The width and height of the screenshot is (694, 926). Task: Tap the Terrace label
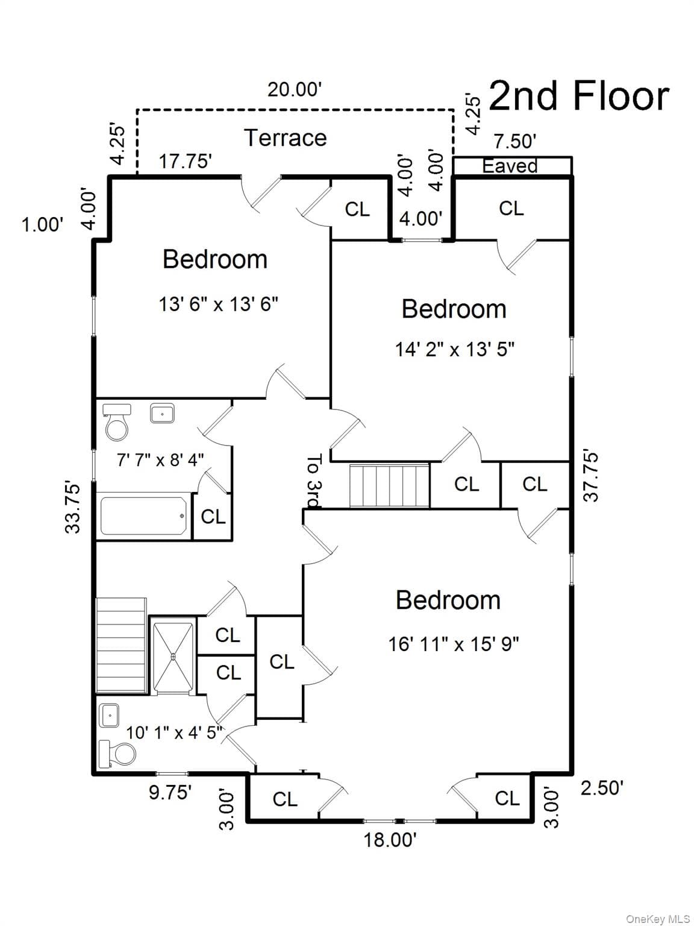[x=286, y=138]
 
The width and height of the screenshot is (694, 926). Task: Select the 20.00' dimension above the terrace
[x=295, y=89]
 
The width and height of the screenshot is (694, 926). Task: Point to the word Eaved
[x=510, y=166]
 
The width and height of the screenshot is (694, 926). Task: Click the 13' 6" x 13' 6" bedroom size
[x=219, y=304]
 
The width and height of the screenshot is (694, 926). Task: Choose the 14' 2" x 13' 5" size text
[x=455, y=349]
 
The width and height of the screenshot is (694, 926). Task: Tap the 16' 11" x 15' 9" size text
[x=454, y=644]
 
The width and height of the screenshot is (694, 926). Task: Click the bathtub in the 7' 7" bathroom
[x=143, y=515]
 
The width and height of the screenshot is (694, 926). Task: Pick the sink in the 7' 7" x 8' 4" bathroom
[x=162, y=413]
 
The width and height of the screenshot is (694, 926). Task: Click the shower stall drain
[x=173, y=656]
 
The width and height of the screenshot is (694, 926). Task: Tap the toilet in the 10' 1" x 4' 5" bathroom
[x=117, y=753]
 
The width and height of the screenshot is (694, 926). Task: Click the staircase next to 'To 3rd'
[x=389, y=485]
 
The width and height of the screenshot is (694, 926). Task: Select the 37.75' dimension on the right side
[x=591, y=477]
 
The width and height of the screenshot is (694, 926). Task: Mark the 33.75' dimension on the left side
[x=72, y=508]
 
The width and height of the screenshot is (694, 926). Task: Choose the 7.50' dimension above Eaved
[x=515, y=141]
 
